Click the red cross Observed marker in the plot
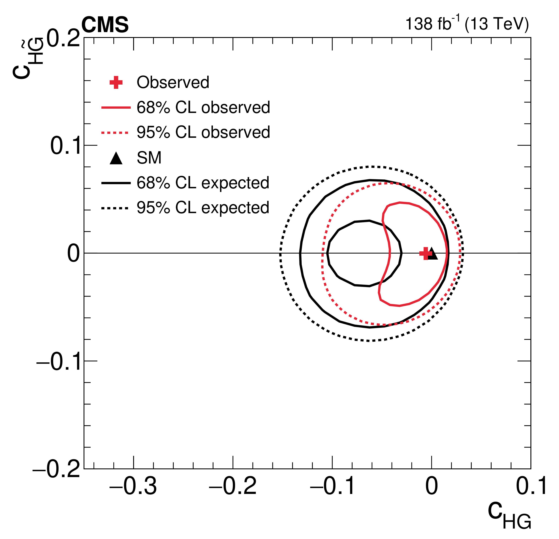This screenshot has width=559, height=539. [426, 253]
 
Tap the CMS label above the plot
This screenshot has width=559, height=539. [105, 25]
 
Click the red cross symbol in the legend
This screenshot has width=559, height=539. [116, 83]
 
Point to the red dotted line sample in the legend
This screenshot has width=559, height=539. [115, 133]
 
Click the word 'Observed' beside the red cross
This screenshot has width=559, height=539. [173, 82]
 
